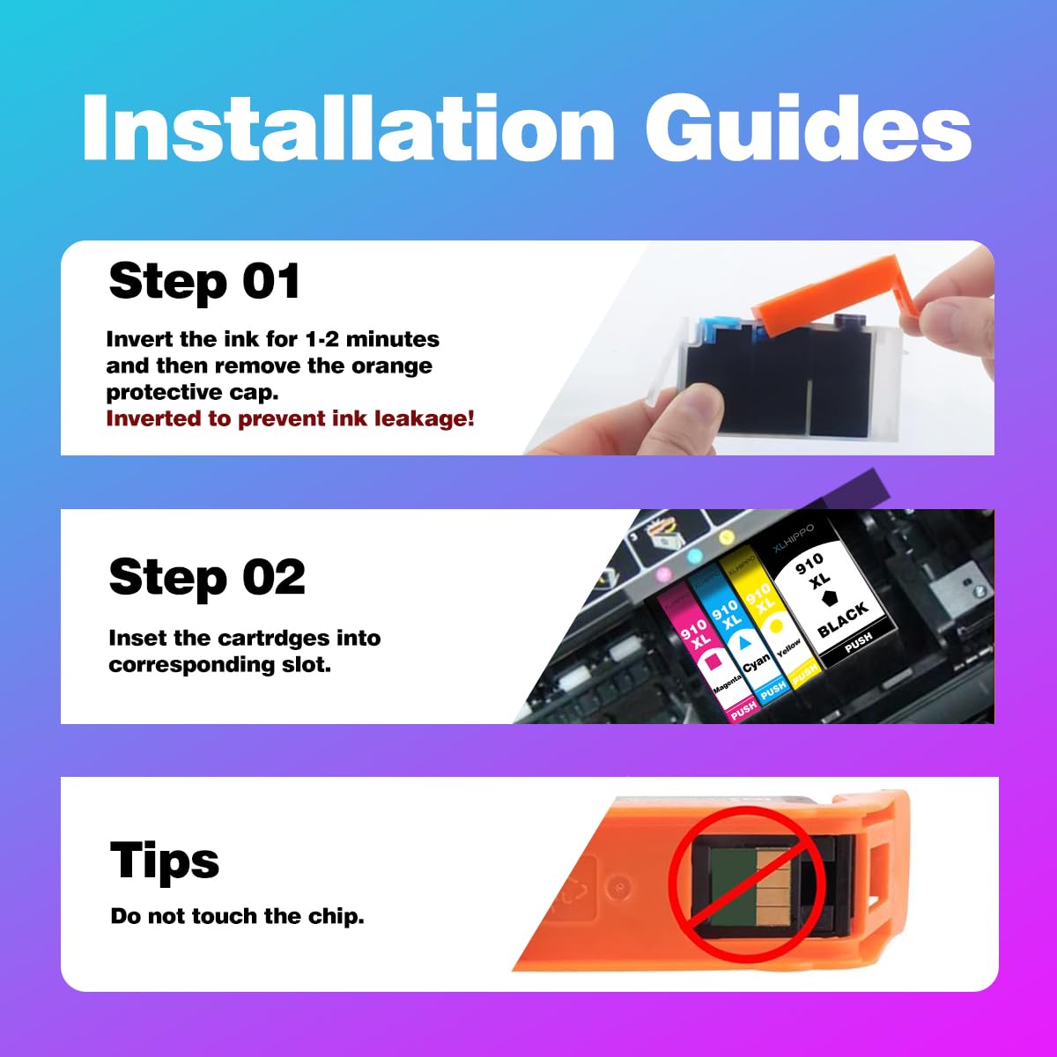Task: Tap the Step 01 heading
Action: click(x=204, y=281)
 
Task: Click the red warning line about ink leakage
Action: click(x=290, y=418)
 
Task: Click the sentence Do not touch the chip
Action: click(x=238, y=915)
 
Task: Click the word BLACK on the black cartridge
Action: click(x=843, y=619)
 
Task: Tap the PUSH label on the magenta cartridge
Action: click(x=743, y=712)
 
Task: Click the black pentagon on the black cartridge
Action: click(x=828, y=599)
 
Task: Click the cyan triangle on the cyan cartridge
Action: click(x=743, y=642)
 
